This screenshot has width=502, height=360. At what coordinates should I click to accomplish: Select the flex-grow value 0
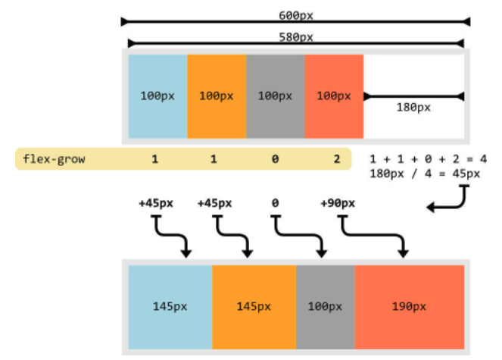click(275, 160)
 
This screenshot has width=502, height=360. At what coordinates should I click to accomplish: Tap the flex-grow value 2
click(334, 160)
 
